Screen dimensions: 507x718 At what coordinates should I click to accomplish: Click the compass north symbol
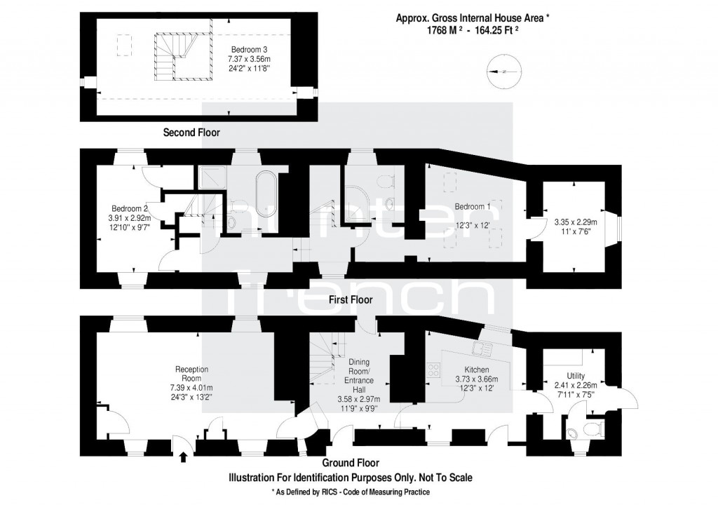point(503,71)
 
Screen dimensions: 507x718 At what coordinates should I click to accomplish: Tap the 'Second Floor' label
point(191,132)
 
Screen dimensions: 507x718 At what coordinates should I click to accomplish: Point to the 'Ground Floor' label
point(351,463)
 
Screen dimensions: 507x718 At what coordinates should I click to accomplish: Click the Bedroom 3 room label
point(250,50)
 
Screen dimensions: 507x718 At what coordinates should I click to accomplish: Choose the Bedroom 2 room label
point(130,208)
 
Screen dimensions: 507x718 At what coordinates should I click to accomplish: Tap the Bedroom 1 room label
point(473,207)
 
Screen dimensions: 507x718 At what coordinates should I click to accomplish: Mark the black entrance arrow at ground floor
point(184,457)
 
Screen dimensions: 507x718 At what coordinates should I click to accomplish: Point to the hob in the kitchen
point(432,369)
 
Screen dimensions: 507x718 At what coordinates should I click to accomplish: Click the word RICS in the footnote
point(329,492)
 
